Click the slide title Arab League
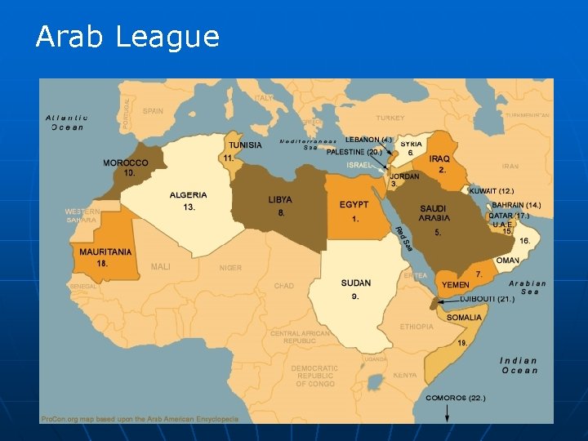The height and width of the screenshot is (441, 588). pos(127,37)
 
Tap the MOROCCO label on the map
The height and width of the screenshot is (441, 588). pos(126,163)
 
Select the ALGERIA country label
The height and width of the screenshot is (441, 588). pos(189,195)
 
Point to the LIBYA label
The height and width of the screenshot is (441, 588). pos(280,200)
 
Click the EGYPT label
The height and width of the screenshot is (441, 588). pos(354,204)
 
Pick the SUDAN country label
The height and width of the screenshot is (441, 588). pos(356,283)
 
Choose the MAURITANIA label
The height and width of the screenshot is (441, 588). pos(105,252)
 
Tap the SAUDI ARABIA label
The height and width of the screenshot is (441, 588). pos(434,213)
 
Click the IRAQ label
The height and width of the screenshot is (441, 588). pos(439,158)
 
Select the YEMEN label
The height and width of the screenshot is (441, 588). pos(456,285)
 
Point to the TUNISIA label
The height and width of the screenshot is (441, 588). pos(245,145)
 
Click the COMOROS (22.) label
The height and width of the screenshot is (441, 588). pos(455,398)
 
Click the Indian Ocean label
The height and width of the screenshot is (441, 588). pos(519,365)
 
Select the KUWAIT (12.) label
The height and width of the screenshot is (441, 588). pos(492,191)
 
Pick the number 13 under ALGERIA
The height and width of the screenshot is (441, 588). pos(189,207)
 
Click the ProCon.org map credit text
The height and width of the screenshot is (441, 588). pos(140,419)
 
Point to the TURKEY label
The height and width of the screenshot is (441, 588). pos(390,118)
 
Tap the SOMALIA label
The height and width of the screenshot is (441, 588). pos(464,317)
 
